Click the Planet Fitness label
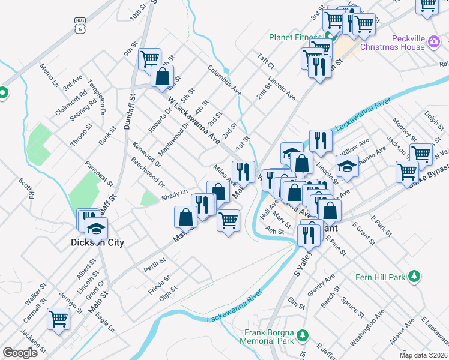point(296,37)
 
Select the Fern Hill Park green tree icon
point(413,276)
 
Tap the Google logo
point(20,353)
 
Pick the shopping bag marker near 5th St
point(162,76)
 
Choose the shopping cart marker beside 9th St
point(149,58)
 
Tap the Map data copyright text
point(423,355)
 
